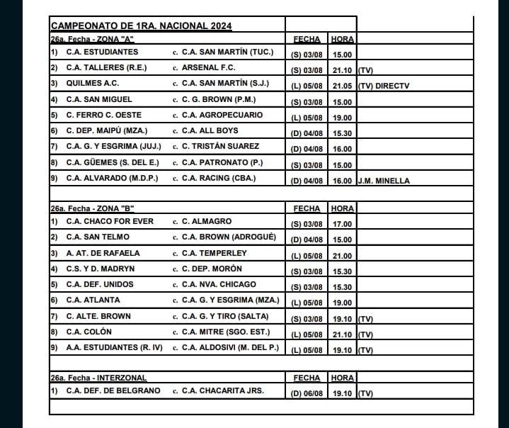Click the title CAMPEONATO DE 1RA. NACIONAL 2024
tap(142, 26)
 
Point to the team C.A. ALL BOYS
tap(210, 130)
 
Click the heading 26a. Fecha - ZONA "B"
tap(92, 208)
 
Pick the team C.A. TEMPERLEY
tap(215, 252)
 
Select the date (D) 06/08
tap(306, 393)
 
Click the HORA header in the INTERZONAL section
tap(343, 378)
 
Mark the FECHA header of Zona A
tap(306, 39)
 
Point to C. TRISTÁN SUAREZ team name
tap(220, 146)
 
